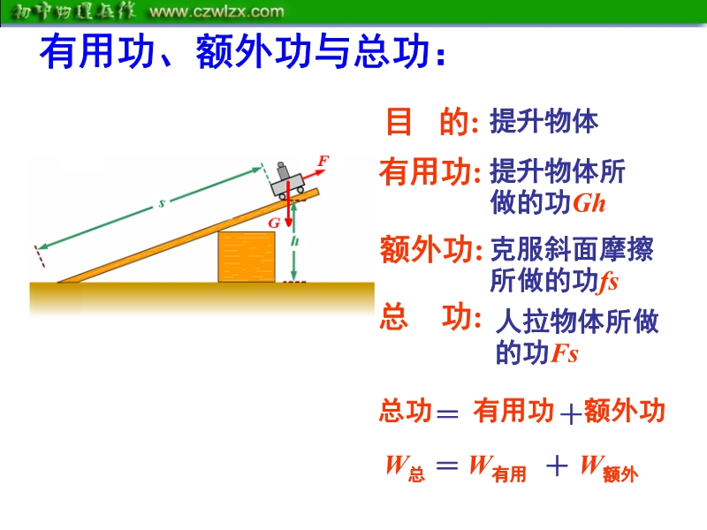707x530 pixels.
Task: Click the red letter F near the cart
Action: (x=323, y=161)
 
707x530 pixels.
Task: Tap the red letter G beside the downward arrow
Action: (x=274, y=223)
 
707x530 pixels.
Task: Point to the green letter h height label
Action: (x=294, y=241)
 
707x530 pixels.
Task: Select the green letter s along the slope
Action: (x=162, y=204)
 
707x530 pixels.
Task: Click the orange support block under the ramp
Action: (x=247, y=257)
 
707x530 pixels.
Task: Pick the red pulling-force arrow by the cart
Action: (x=314, y=176)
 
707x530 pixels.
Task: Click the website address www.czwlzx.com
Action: (x=217, y=11)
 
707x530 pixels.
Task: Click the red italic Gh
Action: (x=589, y=204)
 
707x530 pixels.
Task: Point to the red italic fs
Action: (x=609, y=282)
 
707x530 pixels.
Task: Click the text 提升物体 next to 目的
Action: (x=544, y=122)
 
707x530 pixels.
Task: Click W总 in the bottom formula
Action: (x=406, y=468)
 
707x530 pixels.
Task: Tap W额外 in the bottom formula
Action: (x=609, y=469)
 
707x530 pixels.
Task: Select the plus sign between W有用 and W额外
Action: (x=557, y=466)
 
